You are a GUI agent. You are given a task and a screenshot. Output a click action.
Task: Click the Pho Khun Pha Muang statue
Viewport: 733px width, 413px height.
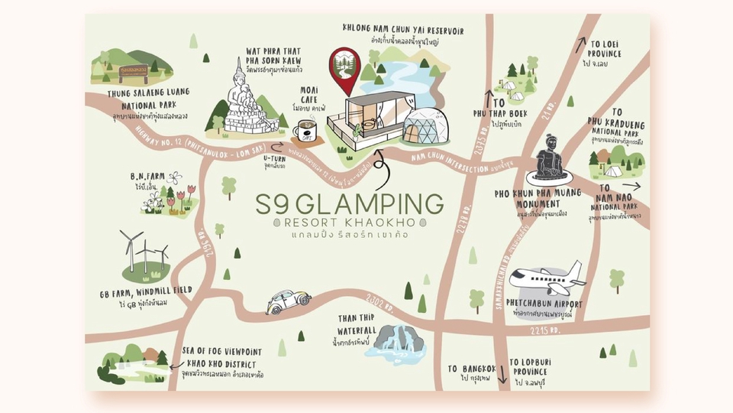point(551,160)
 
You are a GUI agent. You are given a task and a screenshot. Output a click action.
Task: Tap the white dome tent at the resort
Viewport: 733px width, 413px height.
point(422,125)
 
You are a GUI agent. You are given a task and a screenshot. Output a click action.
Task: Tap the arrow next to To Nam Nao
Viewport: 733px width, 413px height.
point(631,185)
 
